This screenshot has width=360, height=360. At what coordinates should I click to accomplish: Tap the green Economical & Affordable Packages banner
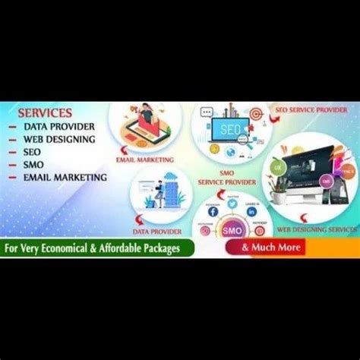pos(98,248)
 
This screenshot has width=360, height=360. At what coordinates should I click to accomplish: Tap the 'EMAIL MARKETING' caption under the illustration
pos(145,160)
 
